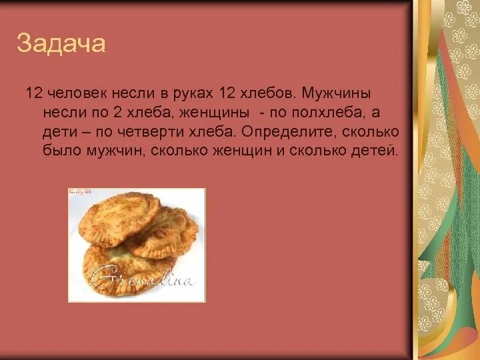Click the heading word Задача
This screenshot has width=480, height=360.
coord(61,44)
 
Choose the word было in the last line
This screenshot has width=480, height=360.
coord(58,151)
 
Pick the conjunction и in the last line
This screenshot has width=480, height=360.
coord(280,151)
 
